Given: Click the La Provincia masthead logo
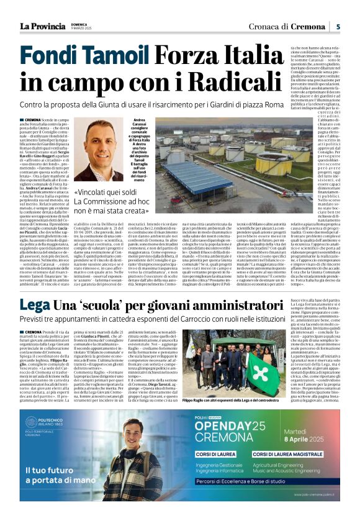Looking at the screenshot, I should [x=42, y=25].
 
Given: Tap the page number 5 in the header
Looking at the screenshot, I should [x=338, y=26].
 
